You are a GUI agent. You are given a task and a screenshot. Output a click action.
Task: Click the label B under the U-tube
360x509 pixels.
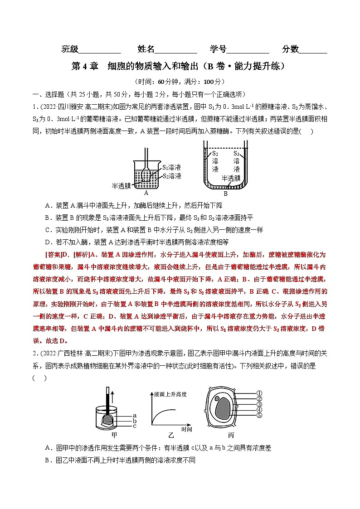(225, 194)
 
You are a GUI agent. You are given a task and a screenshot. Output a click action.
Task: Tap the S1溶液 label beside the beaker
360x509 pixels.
(172, 168)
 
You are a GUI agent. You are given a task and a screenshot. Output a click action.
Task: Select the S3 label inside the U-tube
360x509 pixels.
(236, 154)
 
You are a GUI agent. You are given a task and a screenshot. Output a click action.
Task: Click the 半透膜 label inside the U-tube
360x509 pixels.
(231, 178)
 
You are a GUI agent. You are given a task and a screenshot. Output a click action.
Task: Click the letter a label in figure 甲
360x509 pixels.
(135, 415)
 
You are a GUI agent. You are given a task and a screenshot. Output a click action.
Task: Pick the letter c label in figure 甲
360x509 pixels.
(135, 426)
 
